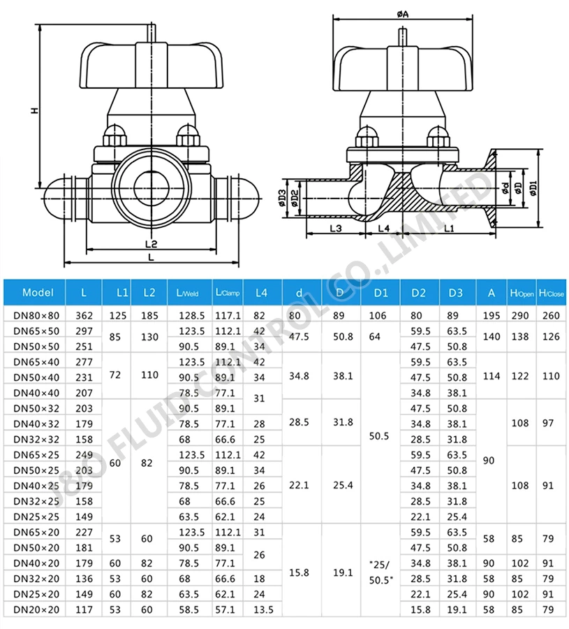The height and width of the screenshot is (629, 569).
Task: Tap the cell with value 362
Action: (84, 315)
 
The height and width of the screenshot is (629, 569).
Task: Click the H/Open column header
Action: (522, 293)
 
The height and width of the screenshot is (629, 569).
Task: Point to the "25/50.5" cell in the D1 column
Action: (381, 572)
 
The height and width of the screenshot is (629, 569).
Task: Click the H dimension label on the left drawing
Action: (34, 110)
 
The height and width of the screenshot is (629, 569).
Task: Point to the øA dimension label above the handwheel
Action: (402, 13)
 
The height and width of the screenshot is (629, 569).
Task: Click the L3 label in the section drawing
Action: (334, 229)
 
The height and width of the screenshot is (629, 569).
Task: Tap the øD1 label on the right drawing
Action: (534, 189)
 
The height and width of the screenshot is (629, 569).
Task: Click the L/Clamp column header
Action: (228, 293)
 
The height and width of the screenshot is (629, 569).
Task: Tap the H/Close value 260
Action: (551, 315)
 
